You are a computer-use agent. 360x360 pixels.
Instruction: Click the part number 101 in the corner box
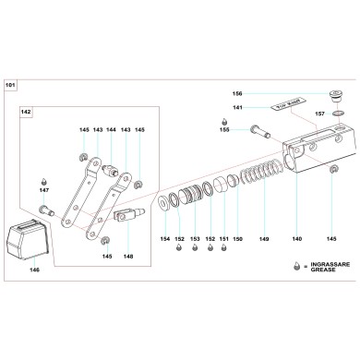tap(11, 86)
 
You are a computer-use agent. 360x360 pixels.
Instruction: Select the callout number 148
tap(127, 256)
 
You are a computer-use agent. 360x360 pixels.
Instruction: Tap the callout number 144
tap(111, 129)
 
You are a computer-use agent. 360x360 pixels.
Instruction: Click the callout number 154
tap(165, 238)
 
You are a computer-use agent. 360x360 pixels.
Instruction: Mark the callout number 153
tap(195, 238)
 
